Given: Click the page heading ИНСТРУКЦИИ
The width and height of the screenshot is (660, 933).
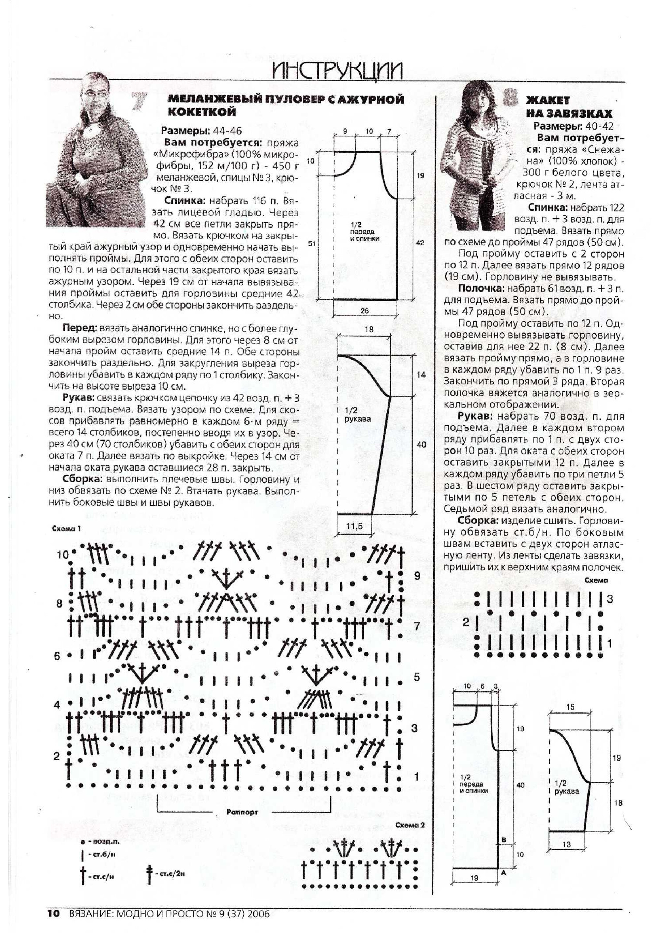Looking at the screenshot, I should [x=337, y=71].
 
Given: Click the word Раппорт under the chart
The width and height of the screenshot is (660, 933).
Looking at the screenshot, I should [x=242, y=812].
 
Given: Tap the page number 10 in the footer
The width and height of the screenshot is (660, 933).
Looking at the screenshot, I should [x=54, y=914].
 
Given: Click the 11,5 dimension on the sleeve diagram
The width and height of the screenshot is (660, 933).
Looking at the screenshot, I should [x=354, y=526].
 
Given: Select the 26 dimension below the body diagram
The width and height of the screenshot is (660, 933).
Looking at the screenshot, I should [x=364, y=311].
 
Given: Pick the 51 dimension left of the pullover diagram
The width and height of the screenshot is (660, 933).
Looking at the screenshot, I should [x=312, y=243].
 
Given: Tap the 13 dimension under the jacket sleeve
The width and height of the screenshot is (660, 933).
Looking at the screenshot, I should [x=567, y=844].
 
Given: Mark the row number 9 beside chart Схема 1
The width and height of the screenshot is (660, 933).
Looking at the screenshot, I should [x=417, y=575].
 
